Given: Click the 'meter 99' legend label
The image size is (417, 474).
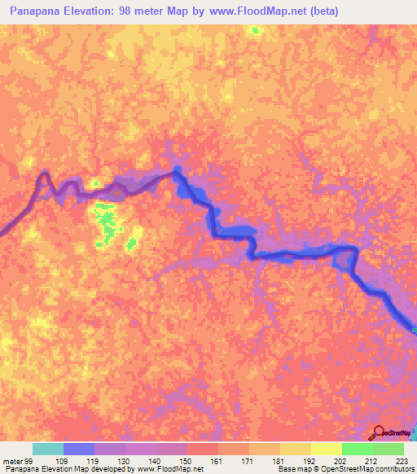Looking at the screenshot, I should coord(15,461).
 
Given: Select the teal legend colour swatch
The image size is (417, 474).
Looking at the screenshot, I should coord(48,449).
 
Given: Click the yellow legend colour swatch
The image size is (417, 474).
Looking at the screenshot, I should coord(296,449).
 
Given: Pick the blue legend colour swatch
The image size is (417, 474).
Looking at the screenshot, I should coord(79,449).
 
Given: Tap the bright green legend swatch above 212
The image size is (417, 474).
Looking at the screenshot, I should coord(358,449).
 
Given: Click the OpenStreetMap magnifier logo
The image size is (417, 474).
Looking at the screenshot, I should coord(378,433).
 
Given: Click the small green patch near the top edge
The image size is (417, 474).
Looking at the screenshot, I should coord(256,31).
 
